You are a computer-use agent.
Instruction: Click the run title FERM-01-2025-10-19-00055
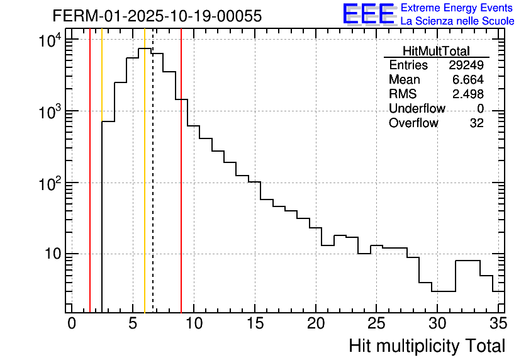(x=157, y=16)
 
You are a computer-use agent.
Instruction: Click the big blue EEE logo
(x=369, y=14)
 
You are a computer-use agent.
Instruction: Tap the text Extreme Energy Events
(x=457, y=8)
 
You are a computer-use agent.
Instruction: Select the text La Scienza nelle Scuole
(x=457, y=21)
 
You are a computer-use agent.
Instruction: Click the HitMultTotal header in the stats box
(x=436, y=52)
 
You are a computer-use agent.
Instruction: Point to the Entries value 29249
(x=466, y=65)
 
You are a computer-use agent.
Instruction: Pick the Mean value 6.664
(x=468, y=80)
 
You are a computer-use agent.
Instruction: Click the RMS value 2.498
(x=468, y=94)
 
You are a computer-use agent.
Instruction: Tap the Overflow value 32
(x=476, y=123)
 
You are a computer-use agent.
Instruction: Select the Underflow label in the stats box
(x=417, y=109)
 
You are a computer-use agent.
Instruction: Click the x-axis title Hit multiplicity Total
(x=427, y=346)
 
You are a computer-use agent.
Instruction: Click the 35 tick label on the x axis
(x=498, y=323)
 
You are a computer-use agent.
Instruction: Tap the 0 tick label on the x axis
(x=72, y=323)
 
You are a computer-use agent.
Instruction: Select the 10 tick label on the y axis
(x=50, y=254)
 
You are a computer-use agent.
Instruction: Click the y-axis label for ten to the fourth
(x=49, y=42)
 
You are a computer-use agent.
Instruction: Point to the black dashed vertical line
(x=153, y=189)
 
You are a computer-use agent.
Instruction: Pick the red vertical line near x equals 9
(x=181, y=189)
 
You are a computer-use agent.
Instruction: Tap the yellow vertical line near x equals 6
(x=145, y=189)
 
